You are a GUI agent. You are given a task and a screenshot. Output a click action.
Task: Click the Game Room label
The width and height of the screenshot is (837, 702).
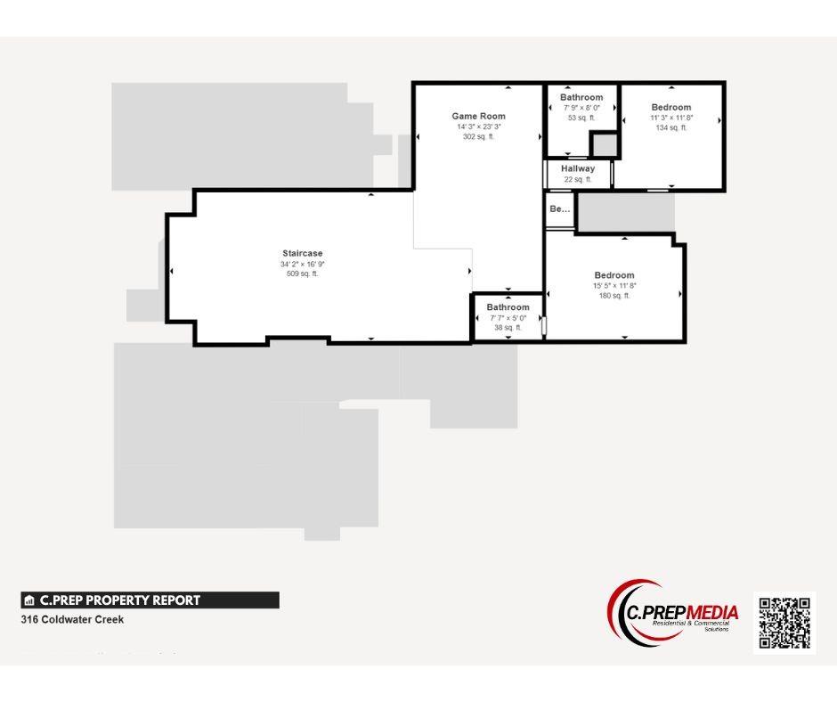478,116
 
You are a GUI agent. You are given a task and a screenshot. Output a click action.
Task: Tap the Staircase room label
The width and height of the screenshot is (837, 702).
303,254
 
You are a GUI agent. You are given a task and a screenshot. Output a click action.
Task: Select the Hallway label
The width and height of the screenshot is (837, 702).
578,168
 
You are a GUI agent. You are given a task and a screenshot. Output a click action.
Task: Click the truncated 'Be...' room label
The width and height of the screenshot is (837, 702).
559,209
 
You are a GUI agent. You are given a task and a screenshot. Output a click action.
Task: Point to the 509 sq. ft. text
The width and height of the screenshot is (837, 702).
303,273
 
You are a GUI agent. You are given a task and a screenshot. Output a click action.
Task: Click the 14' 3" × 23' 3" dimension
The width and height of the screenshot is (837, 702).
478,127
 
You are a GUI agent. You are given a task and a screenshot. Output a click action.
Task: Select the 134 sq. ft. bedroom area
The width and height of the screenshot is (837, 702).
670,127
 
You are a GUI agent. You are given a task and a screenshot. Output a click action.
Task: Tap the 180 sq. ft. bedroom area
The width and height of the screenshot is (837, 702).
614,295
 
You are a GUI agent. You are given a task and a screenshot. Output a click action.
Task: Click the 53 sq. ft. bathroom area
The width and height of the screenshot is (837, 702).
581,117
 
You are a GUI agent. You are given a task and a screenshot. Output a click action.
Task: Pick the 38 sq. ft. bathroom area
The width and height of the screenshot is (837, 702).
508,328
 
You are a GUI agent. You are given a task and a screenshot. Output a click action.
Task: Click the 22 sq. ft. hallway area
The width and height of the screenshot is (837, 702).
578,179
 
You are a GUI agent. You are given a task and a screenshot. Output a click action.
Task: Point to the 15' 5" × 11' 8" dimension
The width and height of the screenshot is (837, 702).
614,285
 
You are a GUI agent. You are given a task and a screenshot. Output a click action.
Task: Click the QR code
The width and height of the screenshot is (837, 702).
784,623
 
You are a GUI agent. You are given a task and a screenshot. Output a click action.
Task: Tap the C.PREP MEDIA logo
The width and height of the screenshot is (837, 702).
673,614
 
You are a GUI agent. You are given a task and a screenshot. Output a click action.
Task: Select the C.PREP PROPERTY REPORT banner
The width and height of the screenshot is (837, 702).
150,600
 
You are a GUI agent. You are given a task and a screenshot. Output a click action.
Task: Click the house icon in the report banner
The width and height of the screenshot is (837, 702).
29,600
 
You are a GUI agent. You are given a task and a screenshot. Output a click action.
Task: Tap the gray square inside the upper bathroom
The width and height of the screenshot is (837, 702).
605,143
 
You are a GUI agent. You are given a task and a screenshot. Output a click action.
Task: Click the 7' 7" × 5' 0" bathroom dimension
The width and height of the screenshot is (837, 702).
508,318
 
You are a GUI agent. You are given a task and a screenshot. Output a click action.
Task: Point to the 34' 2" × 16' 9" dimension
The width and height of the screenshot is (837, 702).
303,264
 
